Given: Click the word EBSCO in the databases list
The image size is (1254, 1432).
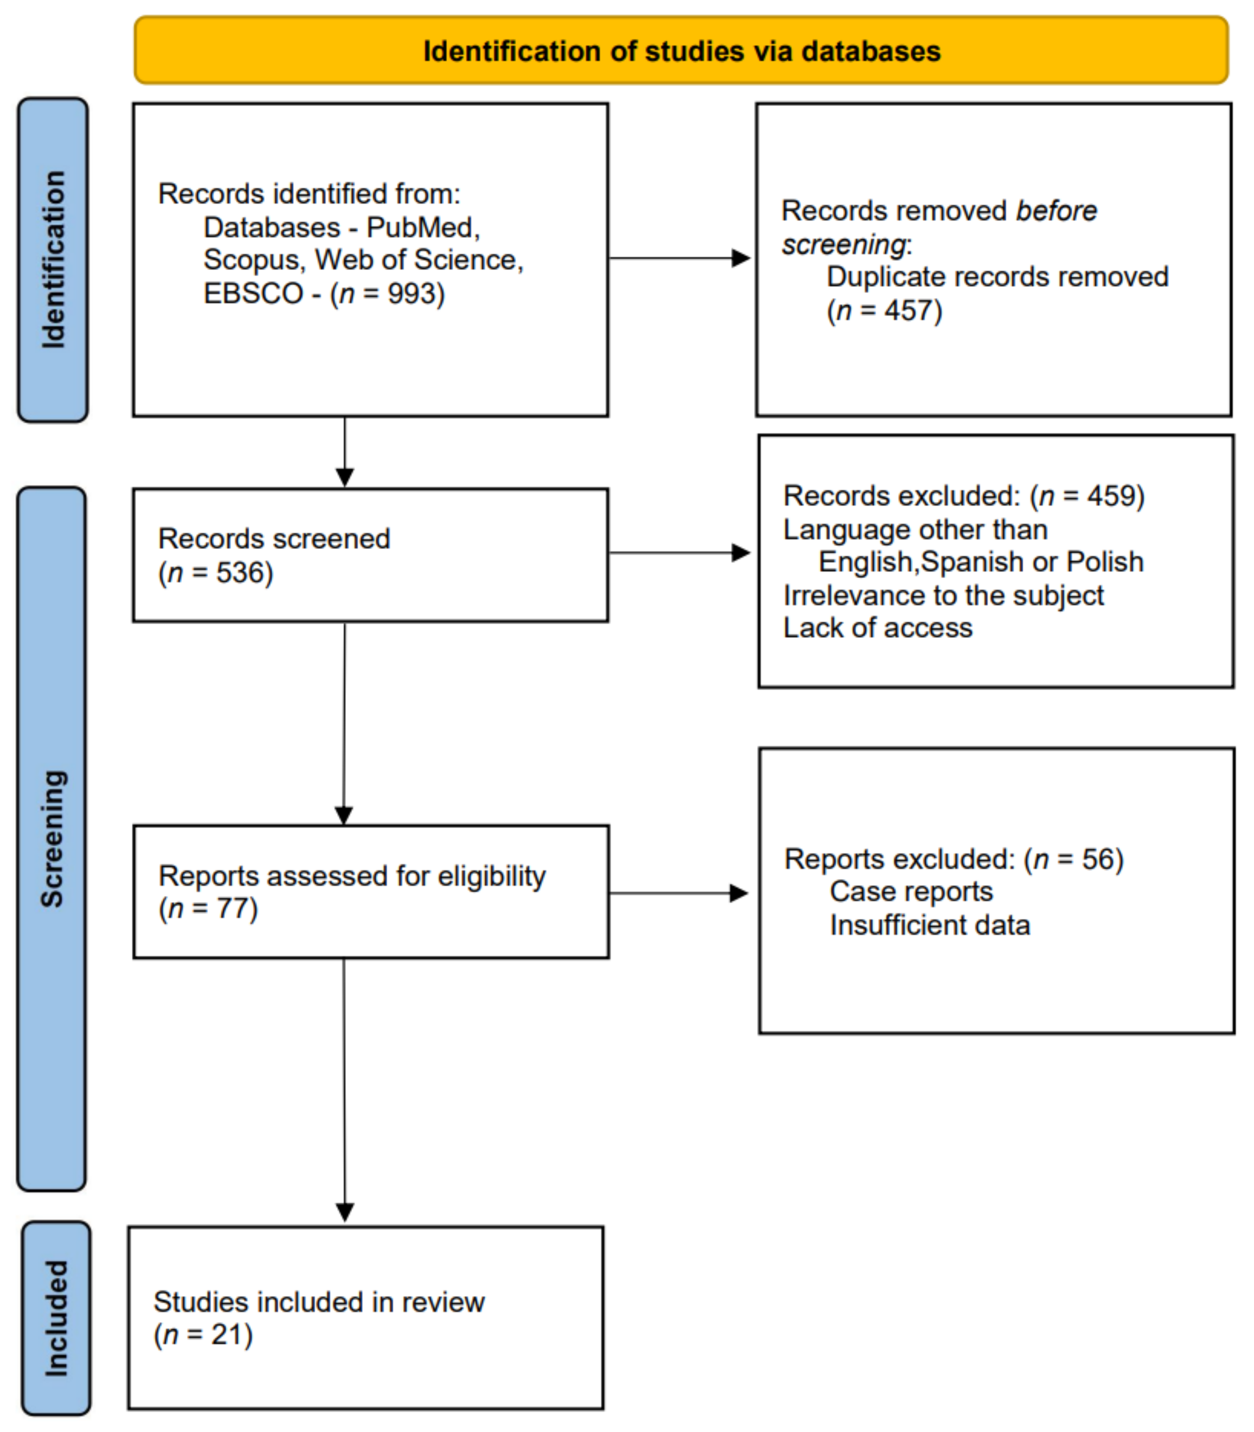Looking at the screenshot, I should point(253,293).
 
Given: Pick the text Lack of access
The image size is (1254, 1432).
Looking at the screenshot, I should point(878,628).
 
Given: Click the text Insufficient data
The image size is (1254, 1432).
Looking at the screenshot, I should point(929,925).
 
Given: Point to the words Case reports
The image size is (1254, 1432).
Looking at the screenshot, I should point(911,892).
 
